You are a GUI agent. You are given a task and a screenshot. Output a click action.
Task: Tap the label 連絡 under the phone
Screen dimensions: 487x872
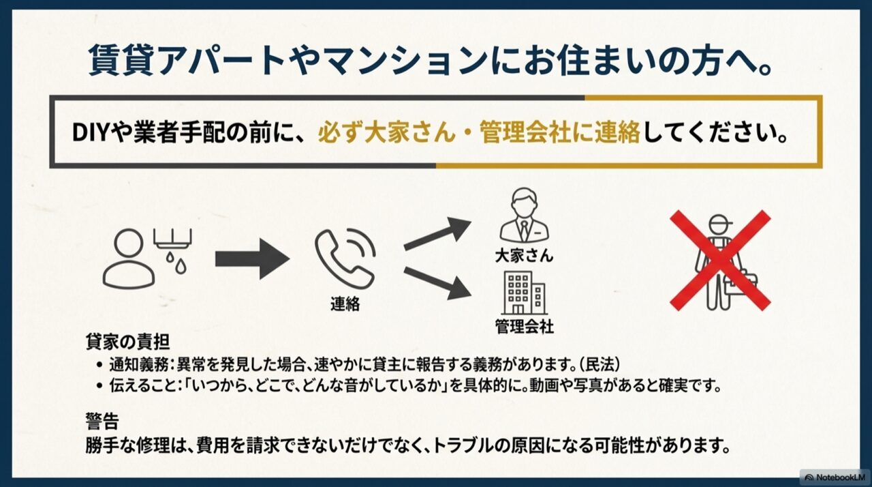(x=345, y=304)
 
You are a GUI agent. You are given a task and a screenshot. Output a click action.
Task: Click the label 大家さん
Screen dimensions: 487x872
(x=524, y=256)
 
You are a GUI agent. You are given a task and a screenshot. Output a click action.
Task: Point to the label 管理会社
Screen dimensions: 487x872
(x=524, y=326)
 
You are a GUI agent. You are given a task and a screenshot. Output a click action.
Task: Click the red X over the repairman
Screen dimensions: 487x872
(x=720, y=260)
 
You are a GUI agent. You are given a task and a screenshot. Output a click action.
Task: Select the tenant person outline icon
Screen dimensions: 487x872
(x=129, y=259)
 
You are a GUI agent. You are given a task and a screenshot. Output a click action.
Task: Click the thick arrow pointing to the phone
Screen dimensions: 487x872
(x=252, y=259)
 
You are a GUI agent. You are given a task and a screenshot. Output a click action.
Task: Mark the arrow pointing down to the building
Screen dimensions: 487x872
(x=437, y=282)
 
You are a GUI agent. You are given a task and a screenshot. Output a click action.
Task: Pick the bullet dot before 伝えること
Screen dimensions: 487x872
(x=99, y=385)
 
